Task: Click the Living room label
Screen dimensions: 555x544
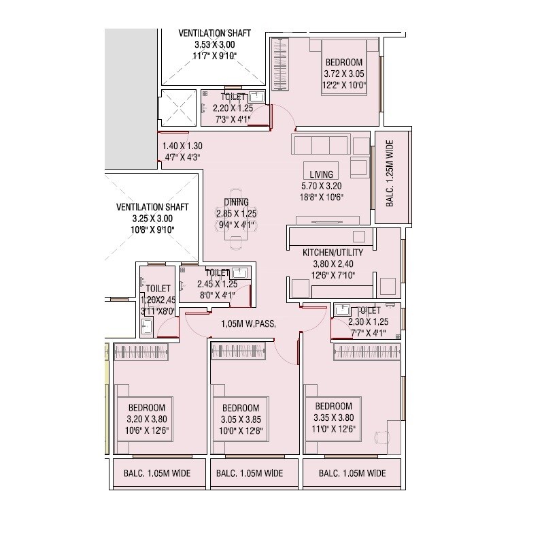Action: (x=322, y=174)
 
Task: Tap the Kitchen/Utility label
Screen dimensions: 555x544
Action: (x=333, y=253)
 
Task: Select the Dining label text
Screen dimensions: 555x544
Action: (x=236, y=202)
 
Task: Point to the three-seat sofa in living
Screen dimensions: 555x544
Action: (x=320, y=145)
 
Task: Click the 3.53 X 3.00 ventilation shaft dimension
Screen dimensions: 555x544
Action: (x=214, y=44)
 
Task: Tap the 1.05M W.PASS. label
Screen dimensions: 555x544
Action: (x=248, y=323)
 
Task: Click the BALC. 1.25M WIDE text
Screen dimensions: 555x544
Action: (x=390, y=178)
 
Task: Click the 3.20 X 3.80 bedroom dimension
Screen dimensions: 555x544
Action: (x=147, y=419)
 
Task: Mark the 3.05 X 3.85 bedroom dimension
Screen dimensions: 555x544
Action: (x=241, y=420)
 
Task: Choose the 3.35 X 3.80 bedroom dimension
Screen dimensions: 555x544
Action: (x=334, y=418)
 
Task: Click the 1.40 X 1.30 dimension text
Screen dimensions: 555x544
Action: (x=182, y=146)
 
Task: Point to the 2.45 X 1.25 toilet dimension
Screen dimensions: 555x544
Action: (x=218, y=284)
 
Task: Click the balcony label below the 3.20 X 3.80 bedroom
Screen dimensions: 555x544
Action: (x=156, y=473)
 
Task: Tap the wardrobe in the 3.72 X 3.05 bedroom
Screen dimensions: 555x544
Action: (x=279, y=63)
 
